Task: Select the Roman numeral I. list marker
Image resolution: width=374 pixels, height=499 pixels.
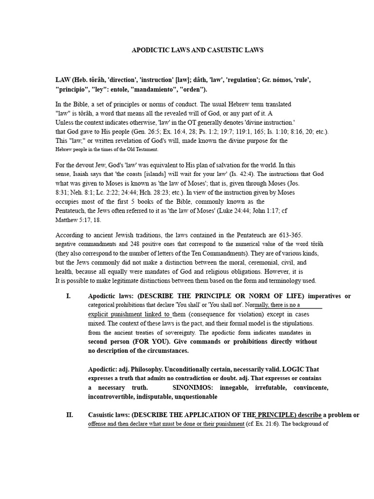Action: click(x=68, y=296)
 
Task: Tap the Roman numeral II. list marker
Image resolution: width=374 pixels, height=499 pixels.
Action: click(x=70, y=415)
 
